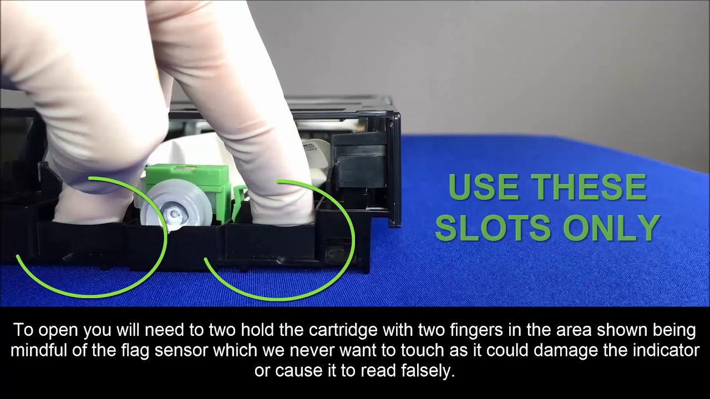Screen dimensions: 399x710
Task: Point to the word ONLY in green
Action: pyautogui.click(x=611, y=227)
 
